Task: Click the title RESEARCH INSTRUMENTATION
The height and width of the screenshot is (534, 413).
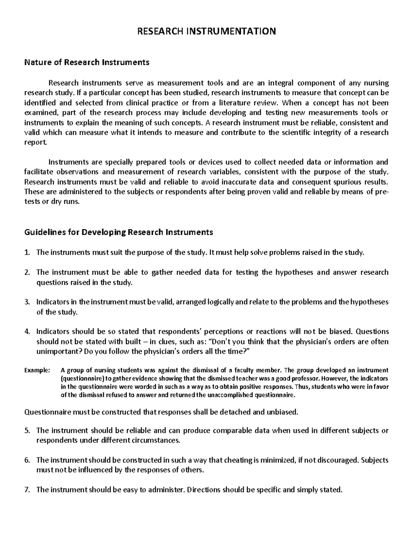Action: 206,32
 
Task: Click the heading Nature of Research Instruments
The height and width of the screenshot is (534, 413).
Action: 86,62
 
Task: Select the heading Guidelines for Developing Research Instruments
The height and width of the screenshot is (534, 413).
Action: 118,232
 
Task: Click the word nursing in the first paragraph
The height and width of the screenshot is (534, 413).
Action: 377,83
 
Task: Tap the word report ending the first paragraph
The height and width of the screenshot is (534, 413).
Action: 34,143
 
